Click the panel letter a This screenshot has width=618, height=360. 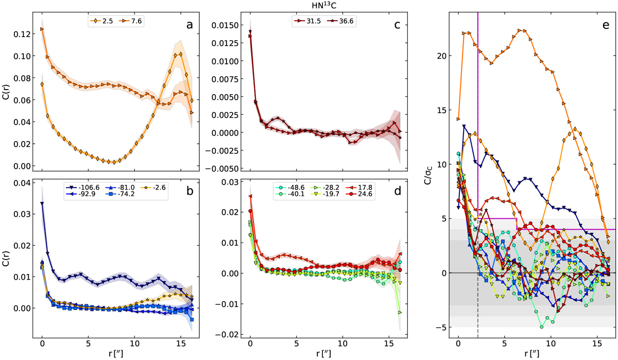tap(190, 22)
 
